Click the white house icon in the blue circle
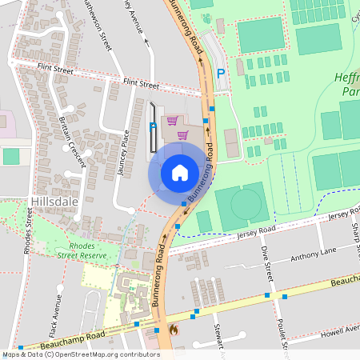pos(180,172)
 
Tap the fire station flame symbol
pos(174,328)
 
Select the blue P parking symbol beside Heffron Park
pos(221,74)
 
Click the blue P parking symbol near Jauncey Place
pos(154,126)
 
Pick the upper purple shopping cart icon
pos(171,120)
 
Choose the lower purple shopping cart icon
pos(182,134)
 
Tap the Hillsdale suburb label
pos(54,202)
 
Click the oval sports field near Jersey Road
pos(241,205)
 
